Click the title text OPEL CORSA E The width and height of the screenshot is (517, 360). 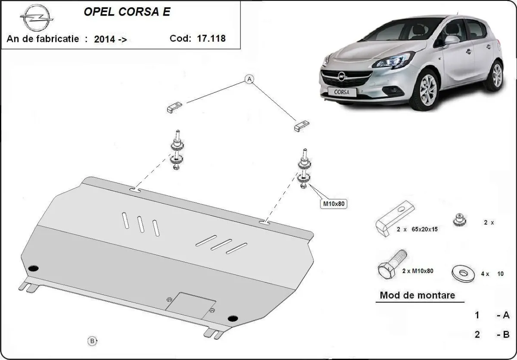coord(126,12)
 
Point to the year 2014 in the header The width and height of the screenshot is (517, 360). coord(105,39)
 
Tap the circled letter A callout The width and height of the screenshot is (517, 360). coord(249,79)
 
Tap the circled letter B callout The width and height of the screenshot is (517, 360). coord(92,341)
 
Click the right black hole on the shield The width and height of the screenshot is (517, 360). coord(233,319)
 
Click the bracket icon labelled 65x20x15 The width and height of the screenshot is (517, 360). coord(396,217)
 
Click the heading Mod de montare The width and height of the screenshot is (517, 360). coord(417,296)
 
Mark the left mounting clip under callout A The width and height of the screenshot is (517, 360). coord(174,107)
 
